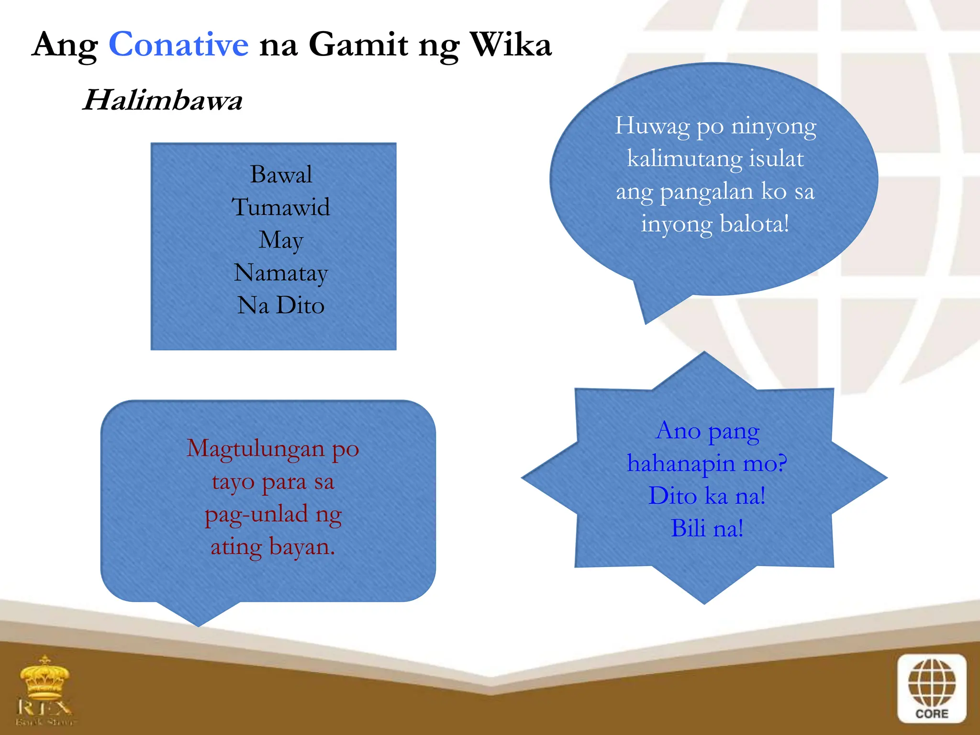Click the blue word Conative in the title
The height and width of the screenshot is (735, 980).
pos(178,45)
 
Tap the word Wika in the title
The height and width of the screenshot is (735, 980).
pos(511,45)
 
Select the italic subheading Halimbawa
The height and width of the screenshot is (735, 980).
pos(162,100)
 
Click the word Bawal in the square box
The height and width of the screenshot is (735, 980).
pos(281,175)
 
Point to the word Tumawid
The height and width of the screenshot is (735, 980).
pos(281,208)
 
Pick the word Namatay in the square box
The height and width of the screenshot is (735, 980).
pos(281,273)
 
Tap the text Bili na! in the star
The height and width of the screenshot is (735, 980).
pos(707,528)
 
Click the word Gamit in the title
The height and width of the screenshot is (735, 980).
pos(358,45)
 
